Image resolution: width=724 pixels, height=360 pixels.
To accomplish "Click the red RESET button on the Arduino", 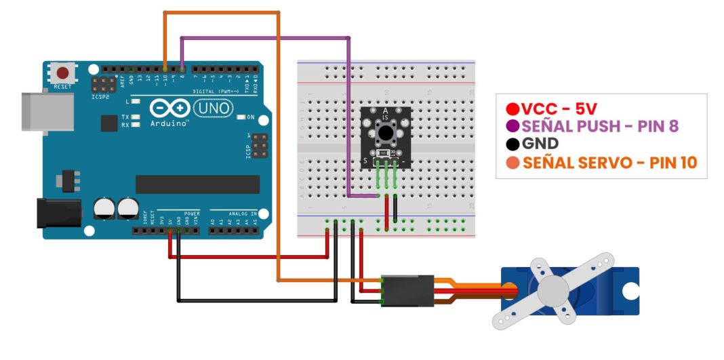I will pyautogui.click(x=63, y=73).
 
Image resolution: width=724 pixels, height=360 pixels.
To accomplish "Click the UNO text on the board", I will pyautogui.click(x=213, y=108).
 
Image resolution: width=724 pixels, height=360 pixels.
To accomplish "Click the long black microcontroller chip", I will pyautogui.click(x=197, y=184).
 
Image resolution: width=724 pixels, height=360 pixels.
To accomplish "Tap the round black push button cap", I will pyautogui.click(x=386, y=131).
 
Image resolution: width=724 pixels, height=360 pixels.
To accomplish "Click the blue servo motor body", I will pyautogui.click(x=610, y=291).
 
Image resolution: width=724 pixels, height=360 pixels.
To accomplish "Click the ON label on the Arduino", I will pyautogui.click(x=251, y=117).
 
